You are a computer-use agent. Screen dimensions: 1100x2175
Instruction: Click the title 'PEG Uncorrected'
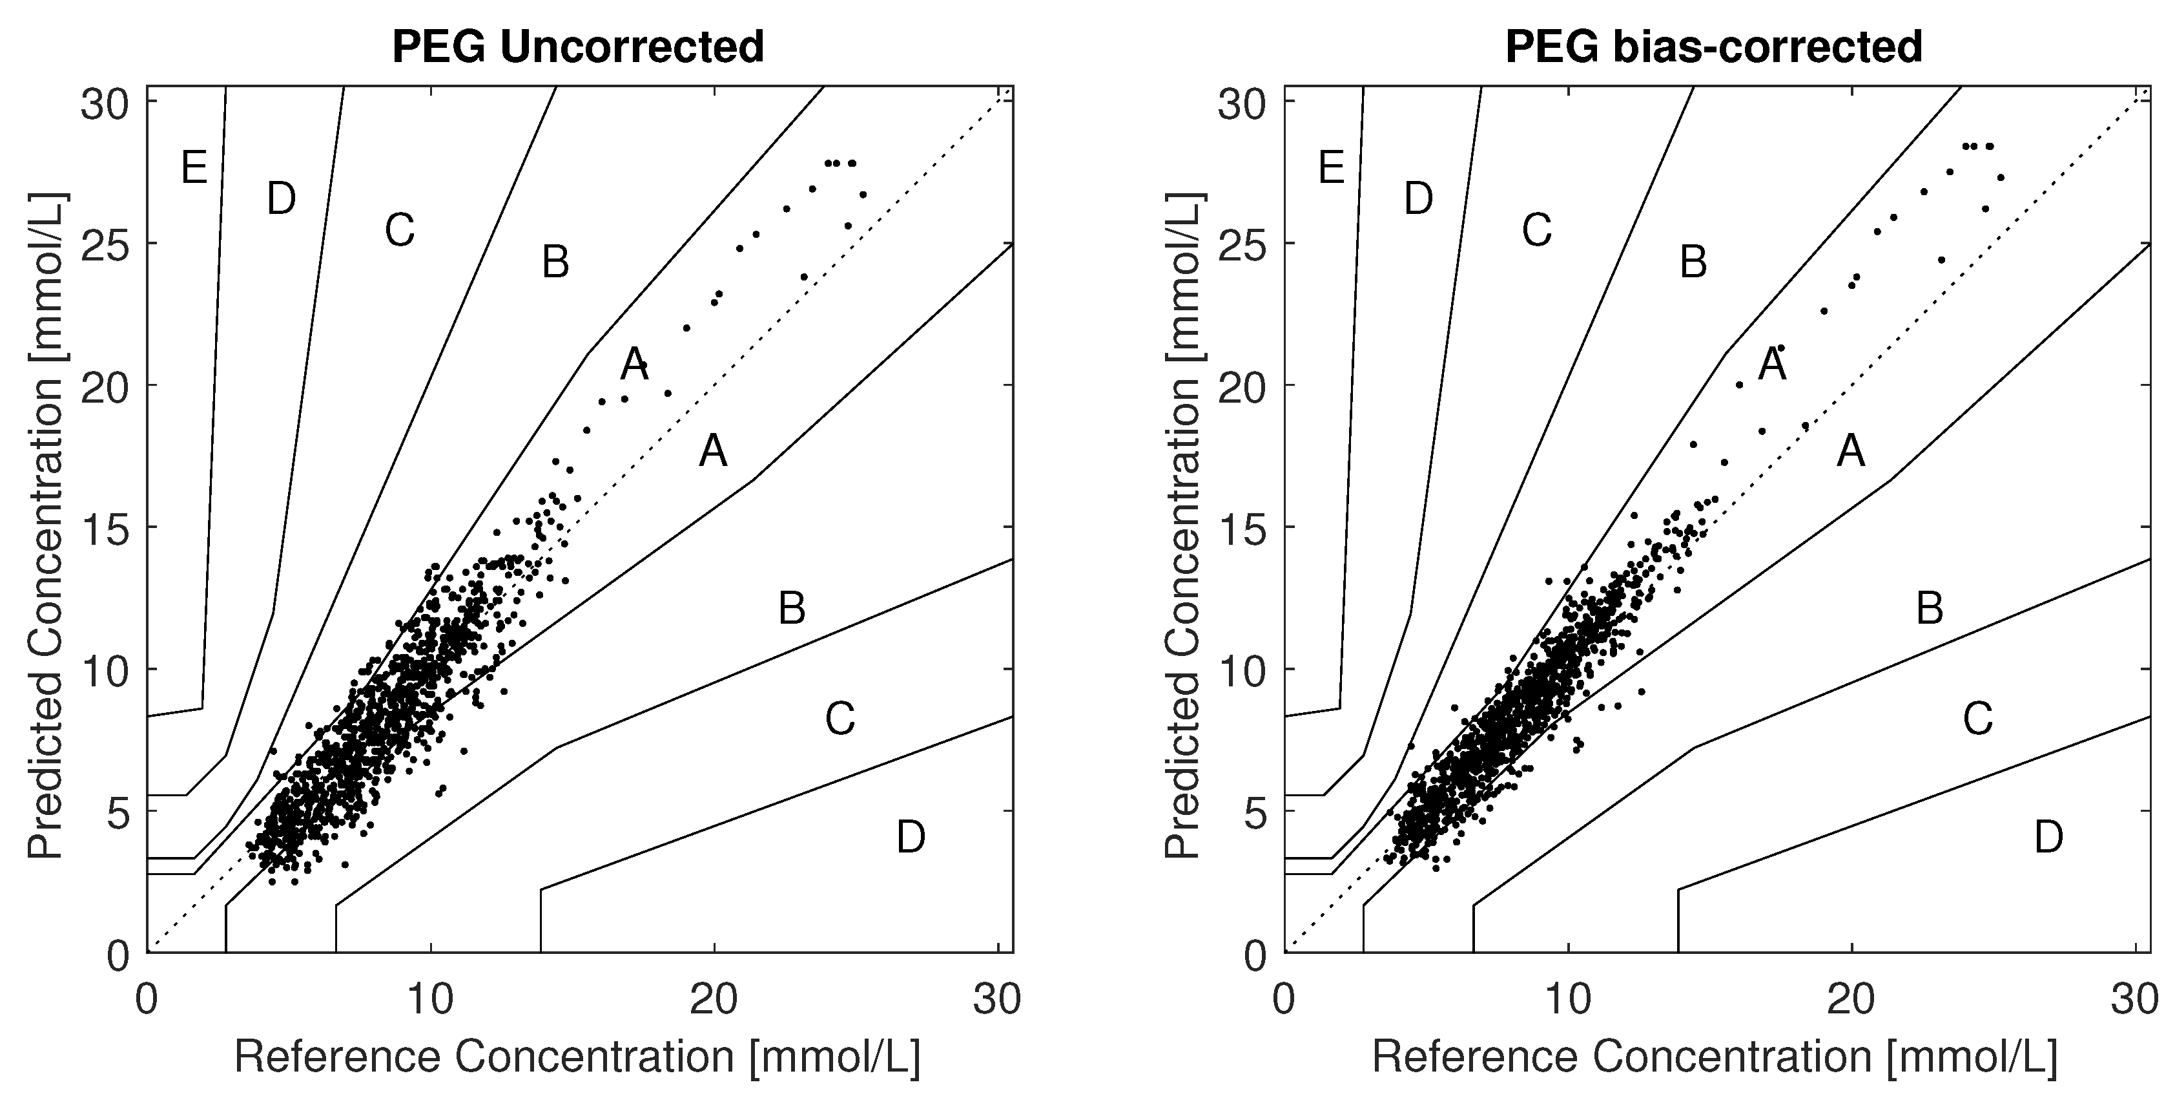(x=579, y=47)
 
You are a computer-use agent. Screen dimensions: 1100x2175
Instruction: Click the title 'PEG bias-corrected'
(x=1714, y=47)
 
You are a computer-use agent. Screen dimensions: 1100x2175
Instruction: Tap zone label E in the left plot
(x=194, y=168)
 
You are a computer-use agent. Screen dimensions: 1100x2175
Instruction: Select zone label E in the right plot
(x=1332, y=168)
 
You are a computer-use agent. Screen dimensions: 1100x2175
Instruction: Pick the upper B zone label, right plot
(x=1693, y=262)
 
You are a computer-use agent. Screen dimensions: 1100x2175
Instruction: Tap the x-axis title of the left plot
(x=577, y=1057)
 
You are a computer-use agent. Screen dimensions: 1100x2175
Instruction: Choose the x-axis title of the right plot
(x=1715, y=1057)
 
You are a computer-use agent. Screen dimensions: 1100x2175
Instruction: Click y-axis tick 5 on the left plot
(x=118, y=812)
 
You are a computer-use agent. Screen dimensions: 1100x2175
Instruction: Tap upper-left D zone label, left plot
(x=281, y=200)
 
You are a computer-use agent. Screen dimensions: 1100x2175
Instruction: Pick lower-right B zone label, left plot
(x=791, y=608)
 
